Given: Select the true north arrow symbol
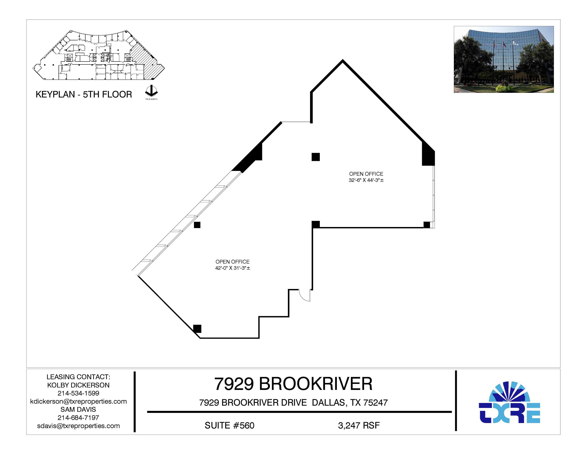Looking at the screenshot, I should click(x=151, y=91).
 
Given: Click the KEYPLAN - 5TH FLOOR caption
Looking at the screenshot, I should click(x=84, y=94).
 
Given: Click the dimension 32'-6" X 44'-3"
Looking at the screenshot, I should click(x=366, y=180).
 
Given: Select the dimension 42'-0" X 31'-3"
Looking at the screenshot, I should click(x=232, y=268).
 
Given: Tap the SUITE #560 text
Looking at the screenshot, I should click(x=229, y=425).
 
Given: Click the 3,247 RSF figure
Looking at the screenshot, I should click(x=359, y=425).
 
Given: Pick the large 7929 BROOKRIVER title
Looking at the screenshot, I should click(x=293, y=384).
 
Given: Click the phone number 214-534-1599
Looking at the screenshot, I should click(x=78, y=393).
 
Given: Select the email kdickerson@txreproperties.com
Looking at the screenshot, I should click(x=78, y=401).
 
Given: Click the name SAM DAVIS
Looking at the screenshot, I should click(x=78, y=409).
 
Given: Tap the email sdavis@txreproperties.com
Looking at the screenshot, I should click(x=78, y=426).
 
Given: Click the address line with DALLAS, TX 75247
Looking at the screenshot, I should click(x=293, y=402).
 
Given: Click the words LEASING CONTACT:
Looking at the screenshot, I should click(x=78, y=377).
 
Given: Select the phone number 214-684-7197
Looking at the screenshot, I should click(x=78, y=418).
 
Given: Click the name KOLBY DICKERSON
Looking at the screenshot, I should click(x=78, y=385).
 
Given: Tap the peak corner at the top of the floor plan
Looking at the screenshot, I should click(x=342, y=61).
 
